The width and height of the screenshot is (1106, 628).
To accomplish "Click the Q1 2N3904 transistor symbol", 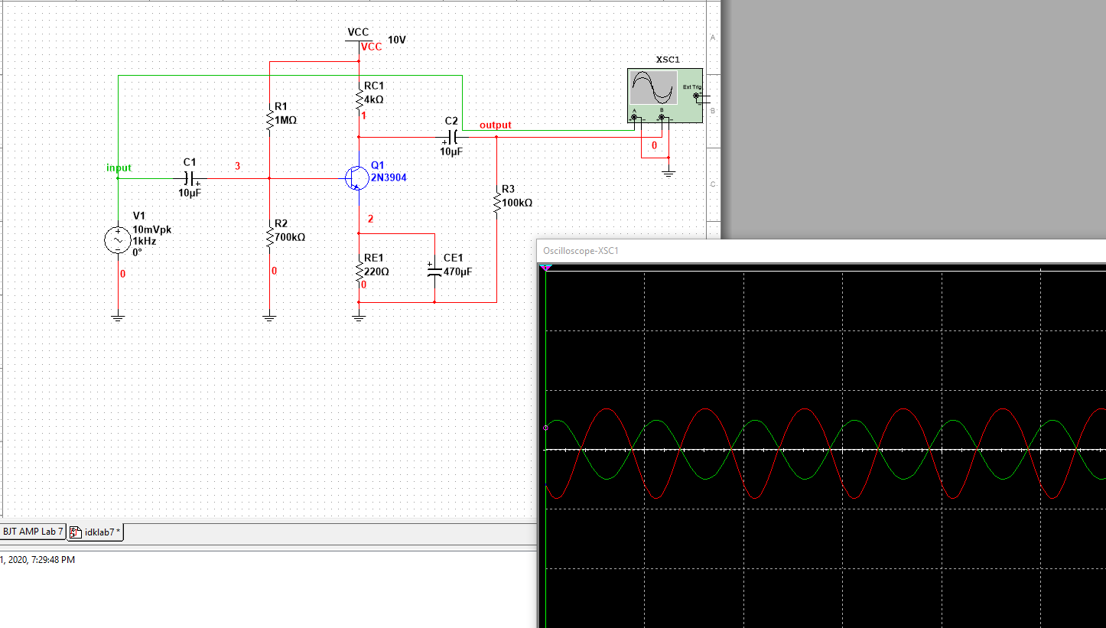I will [x=356, y=177].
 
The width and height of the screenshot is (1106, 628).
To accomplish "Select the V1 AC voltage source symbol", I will [x=118, y=240].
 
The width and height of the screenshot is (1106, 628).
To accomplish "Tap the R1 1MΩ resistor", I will [x=269, y=119].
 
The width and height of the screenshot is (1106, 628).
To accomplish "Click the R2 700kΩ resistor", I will [x=269, y=237].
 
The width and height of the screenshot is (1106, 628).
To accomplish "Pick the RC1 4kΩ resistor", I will [x=359, y=99].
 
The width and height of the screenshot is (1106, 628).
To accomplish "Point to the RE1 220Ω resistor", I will [x=359, y=271].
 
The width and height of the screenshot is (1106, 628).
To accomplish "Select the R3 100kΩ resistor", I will [x=497, y=203].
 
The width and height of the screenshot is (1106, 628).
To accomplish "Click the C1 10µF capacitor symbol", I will [x=191, y=178].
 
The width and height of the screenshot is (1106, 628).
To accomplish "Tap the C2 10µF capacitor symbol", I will [x=452, y=137].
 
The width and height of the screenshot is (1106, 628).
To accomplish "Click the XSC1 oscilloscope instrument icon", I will [x=664, y=95].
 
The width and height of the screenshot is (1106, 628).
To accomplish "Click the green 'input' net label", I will [x=119, y=168].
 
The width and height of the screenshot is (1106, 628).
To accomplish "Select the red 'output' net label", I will [x=495, y=125].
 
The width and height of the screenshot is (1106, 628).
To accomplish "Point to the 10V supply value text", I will [x=397, y=39].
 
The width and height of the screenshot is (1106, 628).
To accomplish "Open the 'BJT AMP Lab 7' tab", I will [x=33, y=532].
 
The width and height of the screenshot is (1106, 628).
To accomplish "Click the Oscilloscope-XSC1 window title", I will [x=581, y=250].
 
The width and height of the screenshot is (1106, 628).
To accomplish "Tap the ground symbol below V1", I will [x=118, y=317].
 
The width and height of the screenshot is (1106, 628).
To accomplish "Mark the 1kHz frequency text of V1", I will [x=144, y=241].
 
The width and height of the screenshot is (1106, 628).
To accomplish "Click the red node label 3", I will [x=237, y=165].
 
